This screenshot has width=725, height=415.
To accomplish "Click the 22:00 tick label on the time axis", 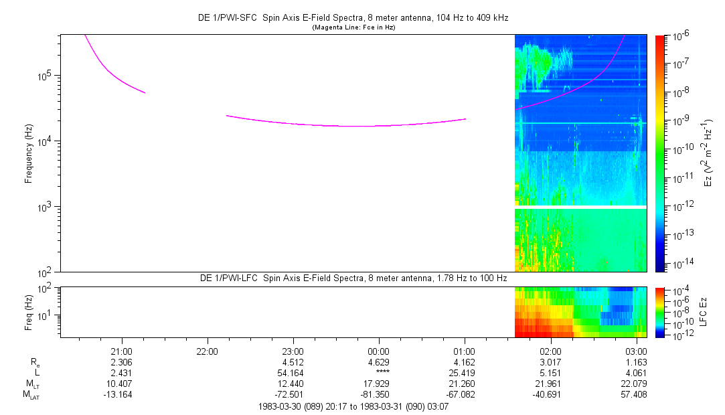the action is pos(207,351).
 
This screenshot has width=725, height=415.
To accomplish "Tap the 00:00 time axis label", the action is pos(378,351).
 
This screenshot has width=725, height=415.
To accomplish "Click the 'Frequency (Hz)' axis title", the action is pos(29,154).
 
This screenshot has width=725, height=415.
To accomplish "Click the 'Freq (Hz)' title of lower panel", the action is pos(29,313).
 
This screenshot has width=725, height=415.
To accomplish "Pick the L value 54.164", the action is pos(291,373).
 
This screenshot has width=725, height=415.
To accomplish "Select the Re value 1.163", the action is pos(637,362).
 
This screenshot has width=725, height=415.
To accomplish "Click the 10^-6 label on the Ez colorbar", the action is pos(681,36).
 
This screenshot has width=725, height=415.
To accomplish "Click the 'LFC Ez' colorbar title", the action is pos(704,312).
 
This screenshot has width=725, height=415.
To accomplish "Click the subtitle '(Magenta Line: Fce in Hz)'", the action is pos(353,27).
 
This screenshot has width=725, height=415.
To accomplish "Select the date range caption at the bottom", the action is pos(353,407).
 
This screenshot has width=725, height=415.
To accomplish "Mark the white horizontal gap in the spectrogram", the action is pos(581,207).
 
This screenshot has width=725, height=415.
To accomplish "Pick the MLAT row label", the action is pos(31,395).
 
